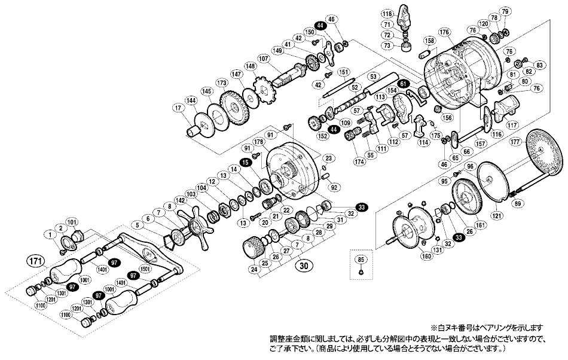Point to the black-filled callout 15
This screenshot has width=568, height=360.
point(245,162)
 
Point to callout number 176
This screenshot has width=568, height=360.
point(443,32)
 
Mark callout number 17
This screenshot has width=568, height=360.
point(178,108)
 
